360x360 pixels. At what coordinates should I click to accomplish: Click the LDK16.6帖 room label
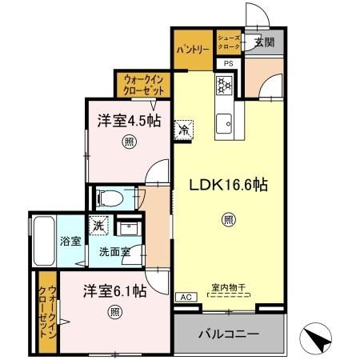pos(227,184)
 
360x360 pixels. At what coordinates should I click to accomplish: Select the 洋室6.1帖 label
pos(114,290)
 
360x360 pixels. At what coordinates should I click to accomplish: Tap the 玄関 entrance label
pos(265,42)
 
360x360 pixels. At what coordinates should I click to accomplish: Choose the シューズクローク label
pos(228,42)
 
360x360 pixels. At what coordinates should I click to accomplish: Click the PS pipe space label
pos(228,64)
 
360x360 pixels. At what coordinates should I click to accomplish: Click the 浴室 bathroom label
pos(70,241)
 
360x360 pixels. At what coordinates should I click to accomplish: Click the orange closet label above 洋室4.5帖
pos(145,84)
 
